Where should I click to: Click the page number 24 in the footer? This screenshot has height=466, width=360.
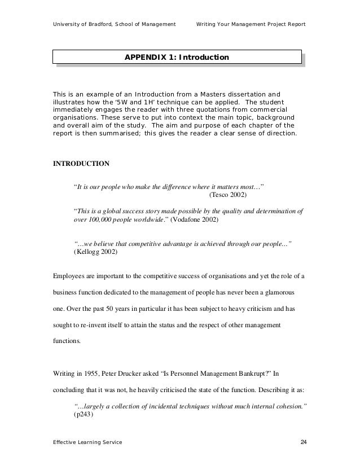[x=304, y=441]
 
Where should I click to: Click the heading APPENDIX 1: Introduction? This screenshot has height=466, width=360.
[x=177, y=58]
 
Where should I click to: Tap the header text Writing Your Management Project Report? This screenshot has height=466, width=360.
[x=251, y=25]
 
